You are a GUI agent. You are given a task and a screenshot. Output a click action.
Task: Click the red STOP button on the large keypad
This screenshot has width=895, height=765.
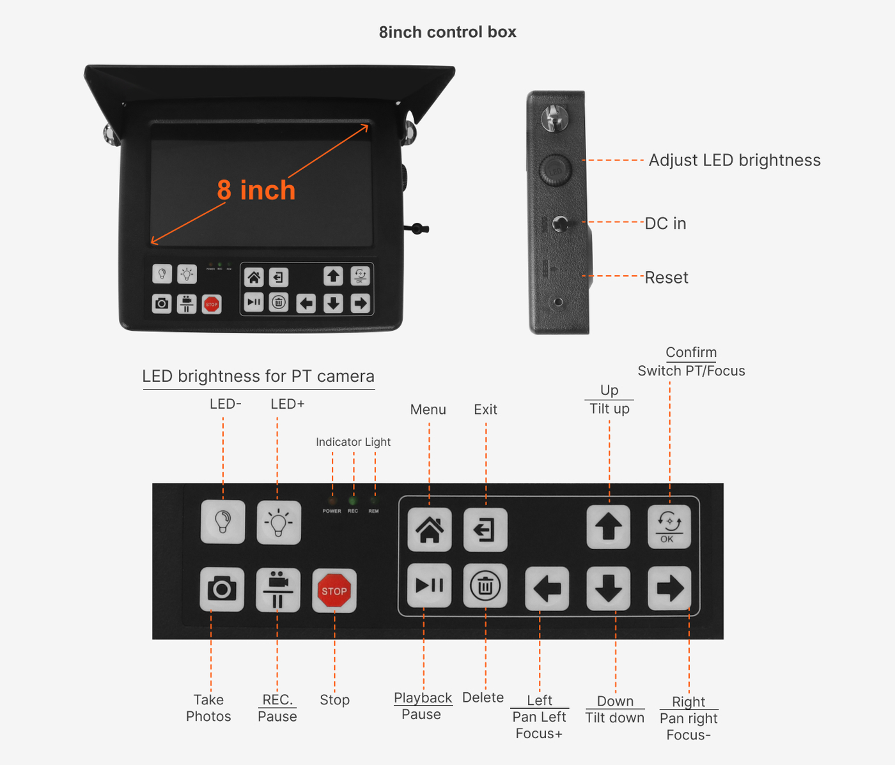click(334, 591)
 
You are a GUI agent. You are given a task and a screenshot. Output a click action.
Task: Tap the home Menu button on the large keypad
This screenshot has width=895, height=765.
click(430, 529)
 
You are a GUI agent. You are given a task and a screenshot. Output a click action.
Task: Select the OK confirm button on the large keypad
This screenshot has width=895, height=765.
click(669, 527)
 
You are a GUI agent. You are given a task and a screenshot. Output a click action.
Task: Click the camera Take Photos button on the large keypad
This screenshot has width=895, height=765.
click(222, 589)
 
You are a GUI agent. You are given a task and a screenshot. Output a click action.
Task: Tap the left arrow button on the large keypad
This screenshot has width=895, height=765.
click(547, 589)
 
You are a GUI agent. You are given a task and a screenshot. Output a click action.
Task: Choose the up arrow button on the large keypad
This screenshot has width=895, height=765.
click(609, 527)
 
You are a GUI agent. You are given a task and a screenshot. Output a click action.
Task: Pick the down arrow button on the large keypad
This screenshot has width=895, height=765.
click(609, 589)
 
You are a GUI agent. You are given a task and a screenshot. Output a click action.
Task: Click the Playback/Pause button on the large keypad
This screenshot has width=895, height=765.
click(430, 586)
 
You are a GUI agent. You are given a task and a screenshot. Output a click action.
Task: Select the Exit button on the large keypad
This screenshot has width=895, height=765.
click(485, 529)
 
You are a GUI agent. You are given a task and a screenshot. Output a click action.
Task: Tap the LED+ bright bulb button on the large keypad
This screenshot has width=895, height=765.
click(279, 522)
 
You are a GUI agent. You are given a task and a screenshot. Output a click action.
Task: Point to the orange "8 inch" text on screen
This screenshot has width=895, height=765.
click(256, 190)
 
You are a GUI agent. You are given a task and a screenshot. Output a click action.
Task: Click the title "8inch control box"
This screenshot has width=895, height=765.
click(447, 32)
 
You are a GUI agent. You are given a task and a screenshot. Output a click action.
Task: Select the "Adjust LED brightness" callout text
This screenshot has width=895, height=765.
click(735, 160)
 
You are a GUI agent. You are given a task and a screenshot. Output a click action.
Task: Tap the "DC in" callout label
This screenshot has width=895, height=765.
click(665, 223)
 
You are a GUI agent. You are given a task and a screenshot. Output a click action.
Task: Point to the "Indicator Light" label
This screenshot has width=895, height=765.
click(353, 442)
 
